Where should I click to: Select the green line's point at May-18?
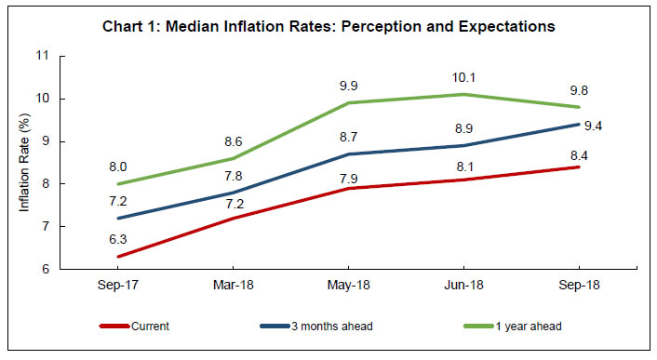[x=347, y=102]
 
